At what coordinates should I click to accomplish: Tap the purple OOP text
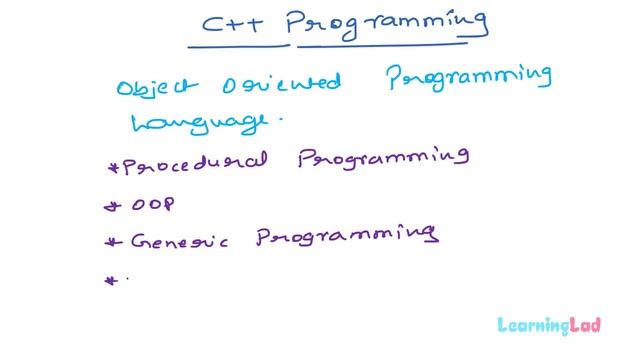pyautogui.click(x=154, y=203)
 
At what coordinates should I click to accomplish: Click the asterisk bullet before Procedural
pyautogui.click(x=112, y=167)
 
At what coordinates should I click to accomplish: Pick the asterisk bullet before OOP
pyautogui.click(x=112, y=205)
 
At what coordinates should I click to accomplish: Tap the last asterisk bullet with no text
pyautogui.click(x=112, y=281)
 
